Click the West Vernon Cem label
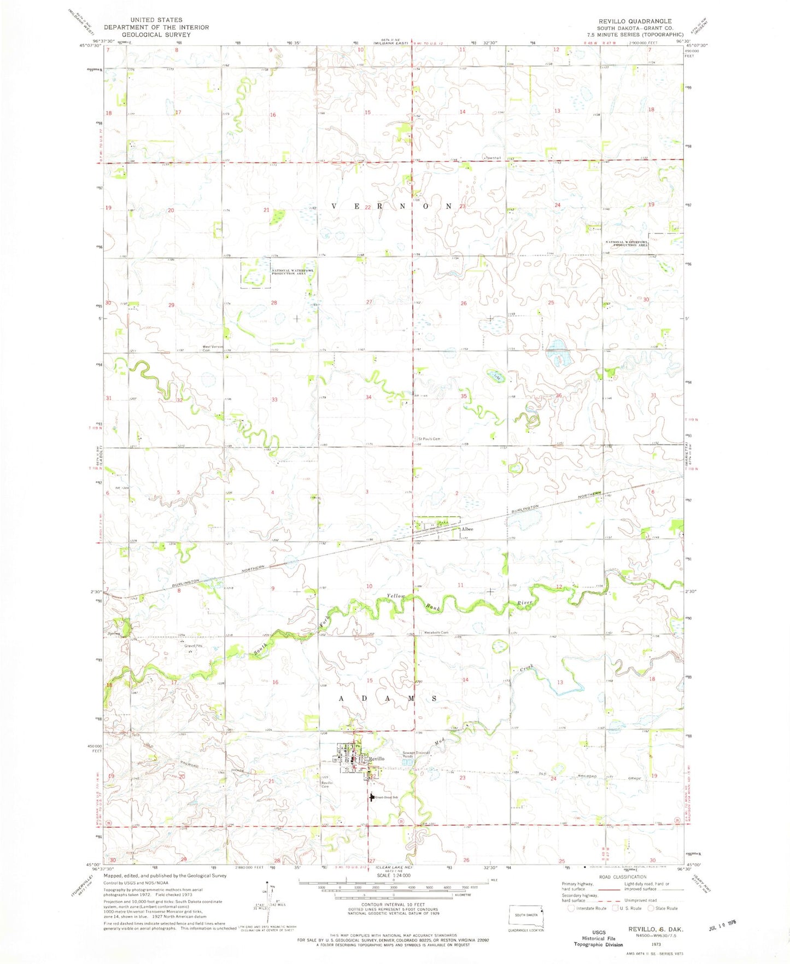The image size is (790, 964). click(x=214, y=348)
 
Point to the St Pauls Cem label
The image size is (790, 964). click(x=430, y=439)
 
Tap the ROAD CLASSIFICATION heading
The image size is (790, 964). click(x=622, y=877)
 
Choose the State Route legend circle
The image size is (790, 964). click(x=651, y=908)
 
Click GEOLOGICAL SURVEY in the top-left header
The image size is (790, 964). click(x=156, y=34)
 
